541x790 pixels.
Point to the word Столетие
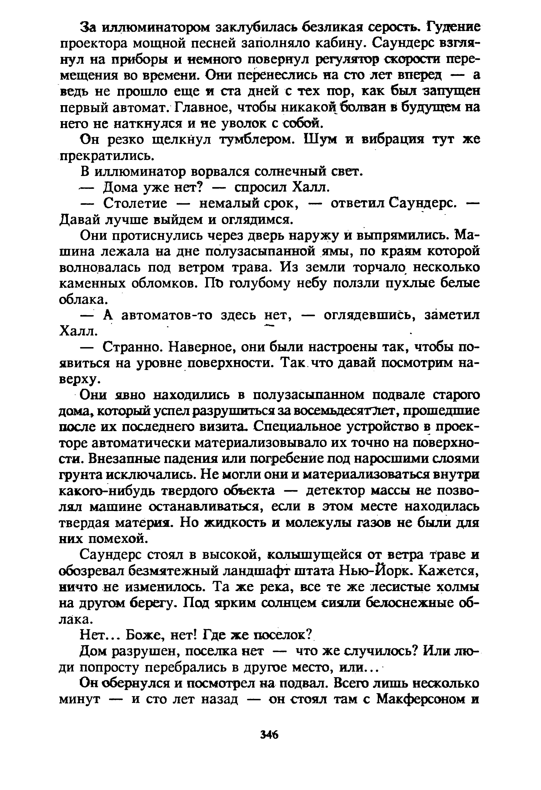pyautogui.click(x=135, y=204)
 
